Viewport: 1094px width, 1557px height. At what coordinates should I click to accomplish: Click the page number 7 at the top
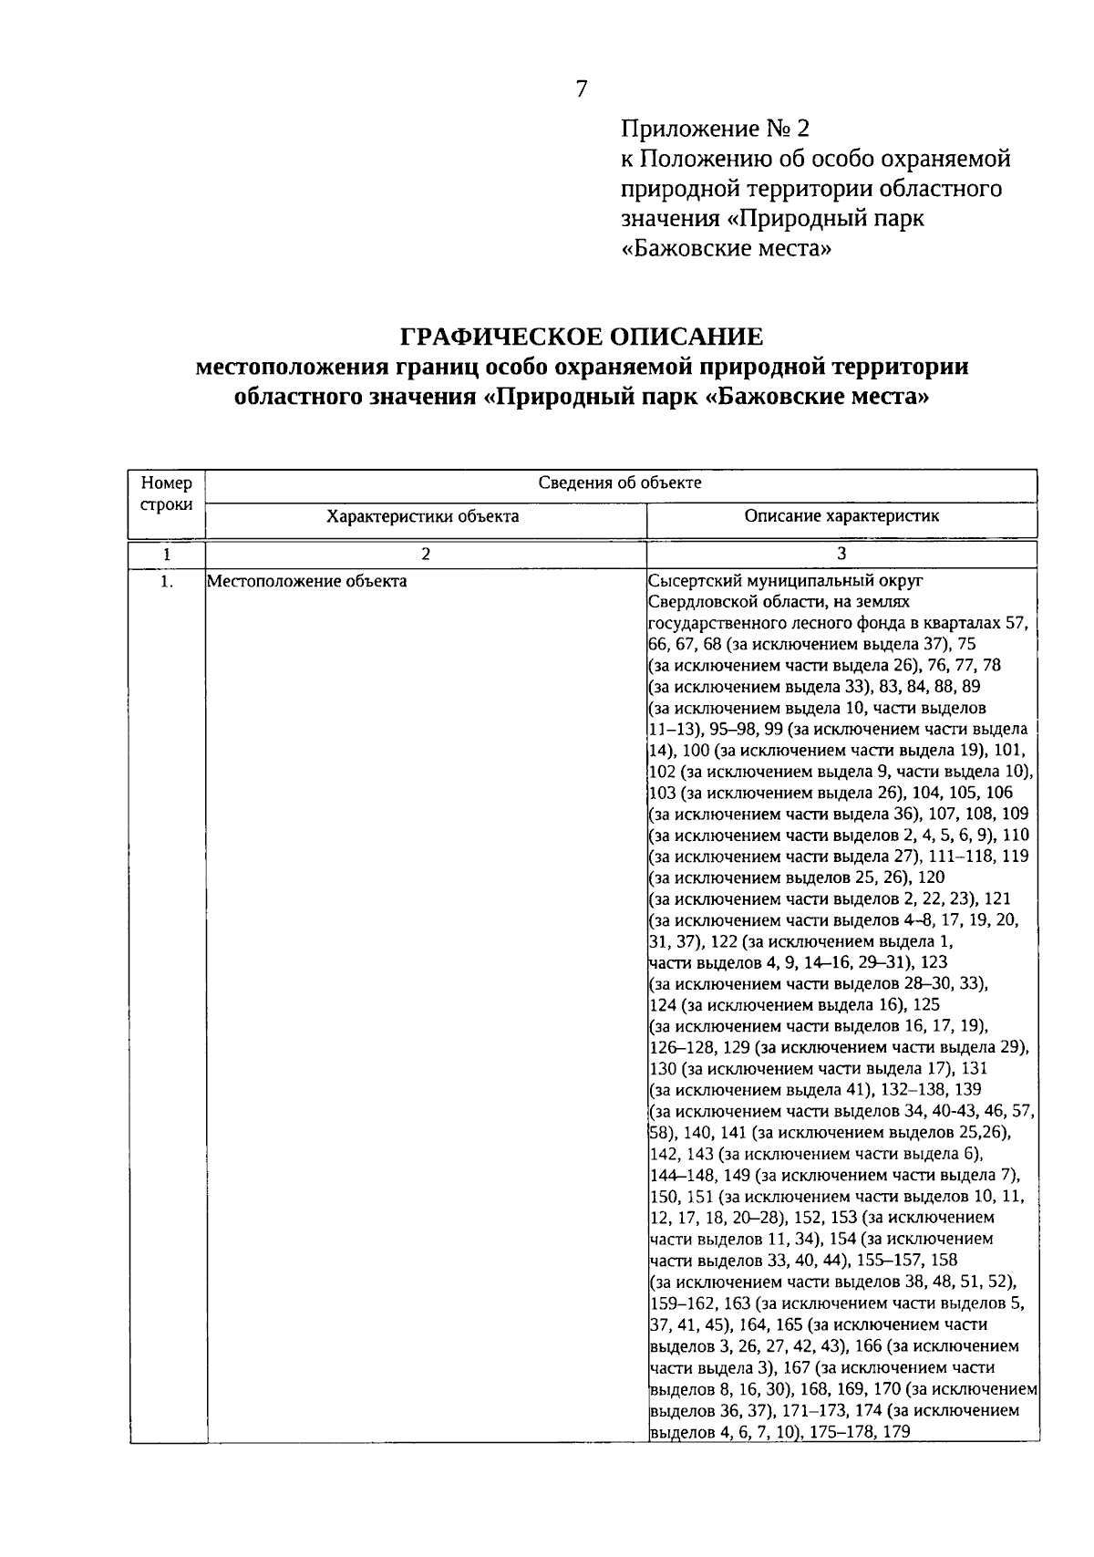click(582, 88)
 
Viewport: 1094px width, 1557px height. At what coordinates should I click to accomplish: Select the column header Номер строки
click(167, 493)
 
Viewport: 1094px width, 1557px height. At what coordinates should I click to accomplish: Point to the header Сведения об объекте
click(620, 483)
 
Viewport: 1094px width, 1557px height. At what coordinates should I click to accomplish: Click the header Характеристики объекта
click(423, 516)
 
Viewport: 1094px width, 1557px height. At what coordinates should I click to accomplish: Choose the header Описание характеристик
click(841, 516)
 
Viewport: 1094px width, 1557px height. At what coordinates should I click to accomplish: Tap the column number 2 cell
click(425, 554)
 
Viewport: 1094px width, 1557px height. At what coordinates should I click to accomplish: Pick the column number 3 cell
click(841, 554)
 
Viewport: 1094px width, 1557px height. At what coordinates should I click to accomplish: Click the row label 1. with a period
click(167, 581)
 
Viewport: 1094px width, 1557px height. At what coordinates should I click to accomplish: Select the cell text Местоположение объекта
click(307, 581)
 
